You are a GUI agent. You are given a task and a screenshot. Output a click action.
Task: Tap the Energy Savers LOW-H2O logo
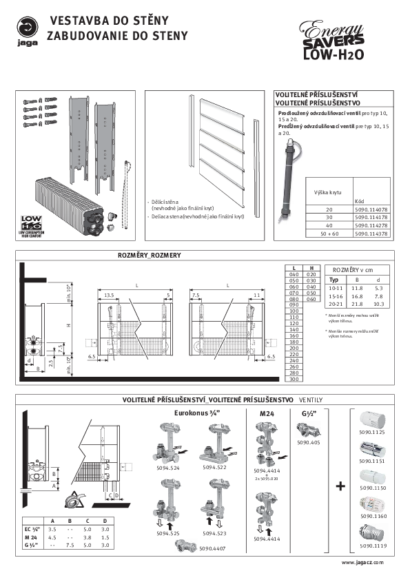[335, 41]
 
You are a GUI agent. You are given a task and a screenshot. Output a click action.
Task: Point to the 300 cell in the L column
[294, 379]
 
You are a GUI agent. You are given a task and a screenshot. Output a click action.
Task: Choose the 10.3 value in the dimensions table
[378, 304]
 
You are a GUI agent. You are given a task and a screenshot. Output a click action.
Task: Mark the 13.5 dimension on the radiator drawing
[108, 295]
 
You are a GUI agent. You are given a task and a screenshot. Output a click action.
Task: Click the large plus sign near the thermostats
[340, 486]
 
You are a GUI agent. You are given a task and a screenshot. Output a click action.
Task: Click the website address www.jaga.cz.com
[362, 563]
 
